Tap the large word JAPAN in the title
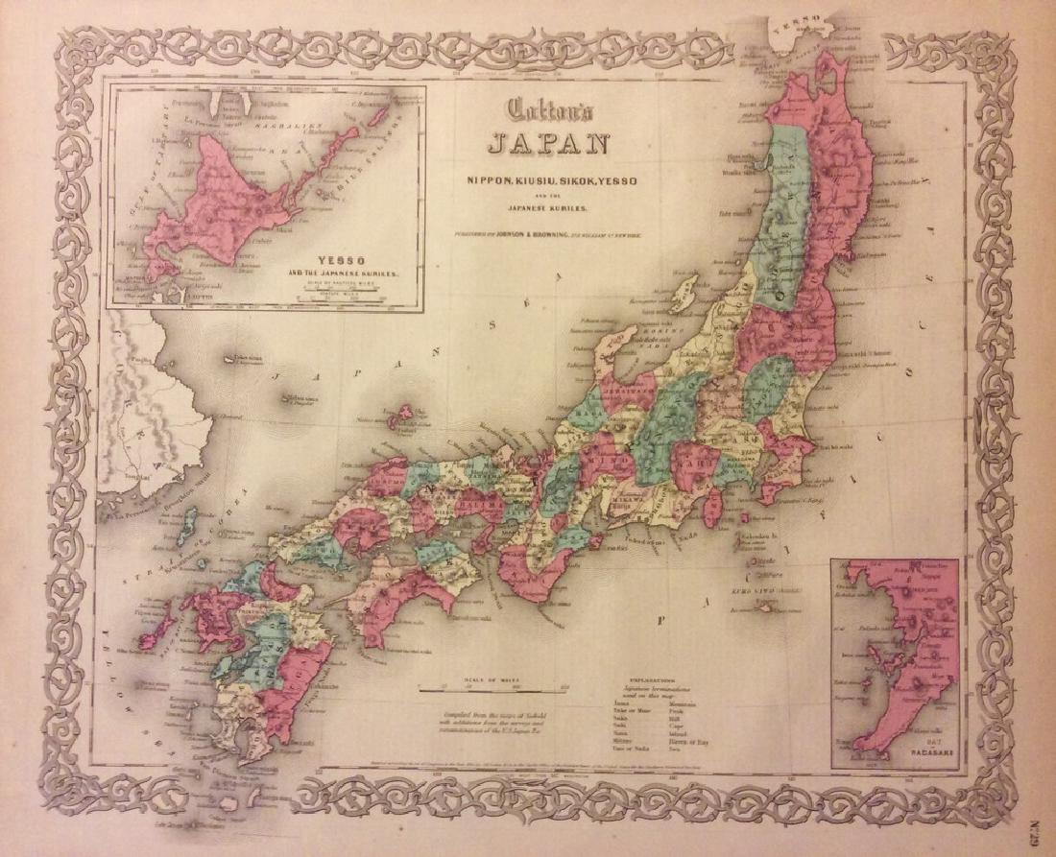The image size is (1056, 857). coord(548,145)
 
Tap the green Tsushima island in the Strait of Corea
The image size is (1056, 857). coord(190,522)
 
